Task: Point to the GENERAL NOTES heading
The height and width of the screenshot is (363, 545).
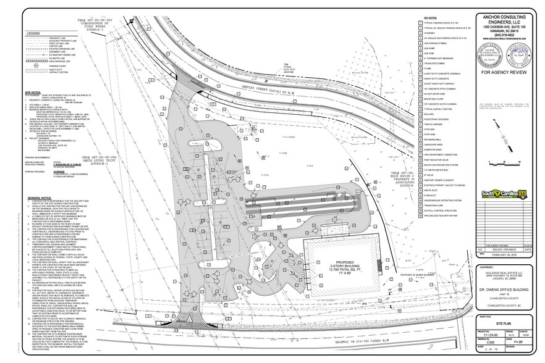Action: [39, 197]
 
